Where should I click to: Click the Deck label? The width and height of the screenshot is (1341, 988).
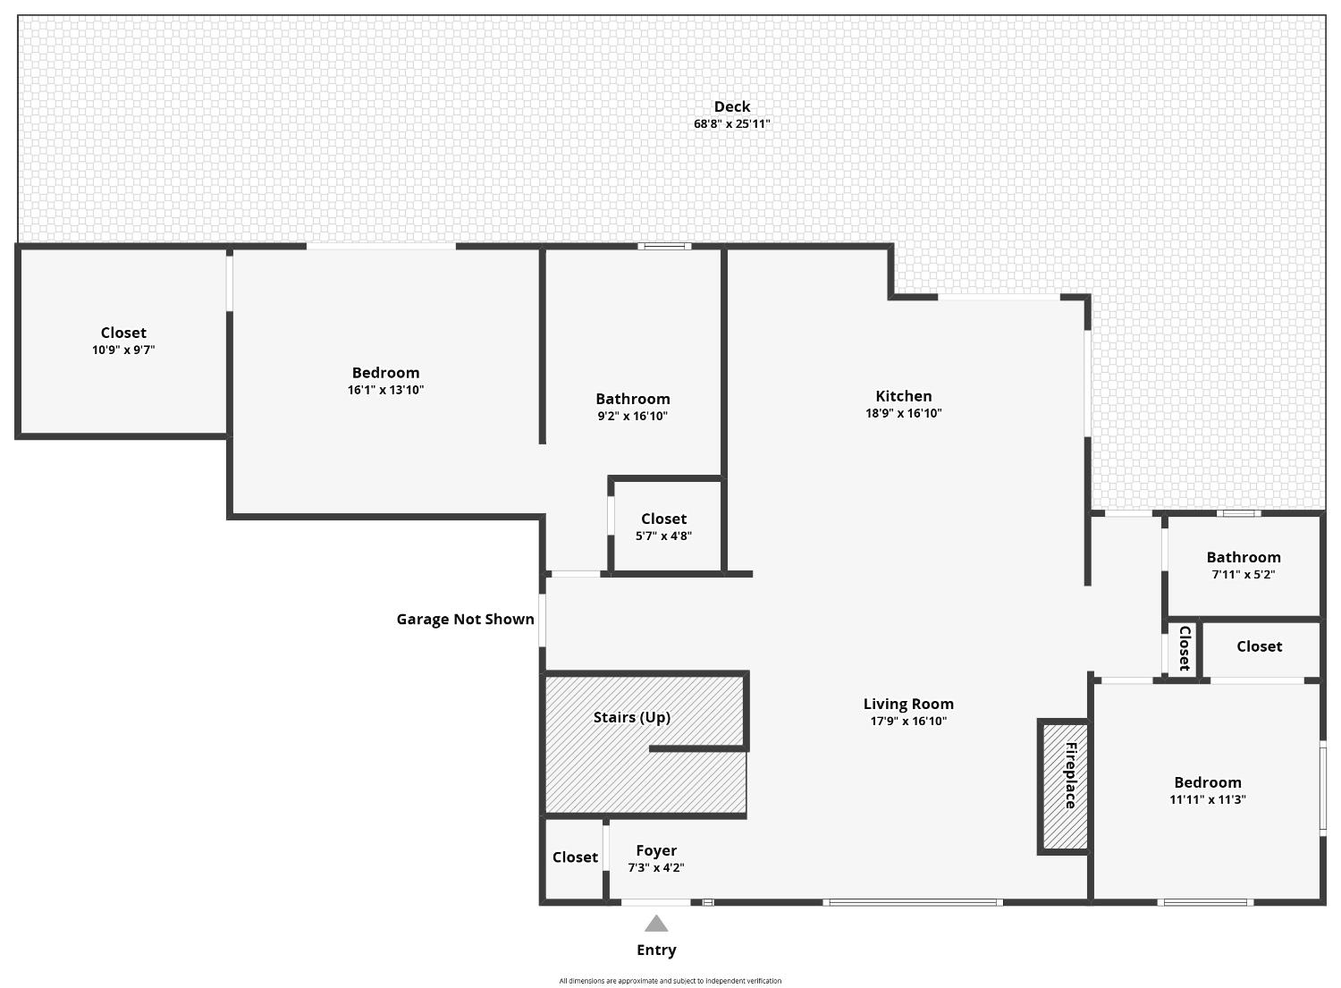tap(731, 107)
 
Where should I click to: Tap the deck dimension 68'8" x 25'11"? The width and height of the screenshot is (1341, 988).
tap(731, 124)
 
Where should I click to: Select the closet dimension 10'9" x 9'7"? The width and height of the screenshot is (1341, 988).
tap(123, 350)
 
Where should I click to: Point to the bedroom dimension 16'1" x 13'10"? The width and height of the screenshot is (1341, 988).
tap(385, 390)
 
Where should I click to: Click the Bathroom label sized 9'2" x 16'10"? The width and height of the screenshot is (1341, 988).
tap(632, 399)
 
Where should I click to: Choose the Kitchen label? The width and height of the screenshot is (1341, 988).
tap(903, 396)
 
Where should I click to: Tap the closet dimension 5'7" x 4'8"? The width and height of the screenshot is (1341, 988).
tap(663, 536)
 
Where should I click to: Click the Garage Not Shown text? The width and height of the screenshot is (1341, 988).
tap(465, 619)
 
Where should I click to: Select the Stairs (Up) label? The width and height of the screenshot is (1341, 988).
tap(631, 717)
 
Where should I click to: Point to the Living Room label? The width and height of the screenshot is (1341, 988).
tap(908, 704)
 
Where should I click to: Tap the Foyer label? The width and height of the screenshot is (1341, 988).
tap(656, 850)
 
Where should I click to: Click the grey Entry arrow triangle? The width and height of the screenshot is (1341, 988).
tap(656, 924)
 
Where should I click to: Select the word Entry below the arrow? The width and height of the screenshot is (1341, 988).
tap(656, 950)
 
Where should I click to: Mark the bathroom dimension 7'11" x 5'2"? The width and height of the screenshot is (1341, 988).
tap(1243, 575)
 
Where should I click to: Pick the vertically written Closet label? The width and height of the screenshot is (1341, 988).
tap(1185, 648)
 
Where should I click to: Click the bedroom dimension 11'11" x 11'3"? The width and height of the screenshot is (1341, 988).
tap(1207, 800)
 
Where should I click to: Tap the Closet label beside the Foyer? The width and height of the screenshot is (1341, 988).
tap(575, 857)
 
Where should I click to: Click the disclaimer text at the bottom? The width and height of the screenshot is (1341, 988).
tap(670, 981)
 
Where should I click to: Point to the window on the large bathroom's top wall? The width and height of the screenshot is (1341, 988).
tap(664, 246)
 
